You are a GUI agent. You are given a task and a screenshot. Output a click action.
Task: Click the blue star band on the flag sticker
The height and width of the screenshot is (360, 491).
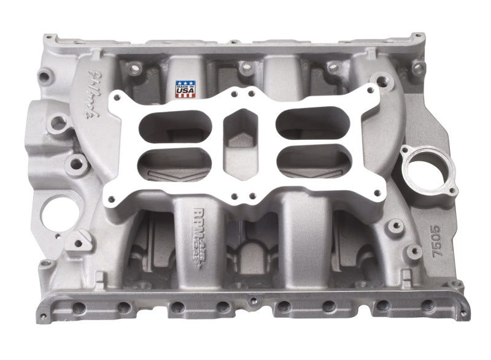185,83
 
